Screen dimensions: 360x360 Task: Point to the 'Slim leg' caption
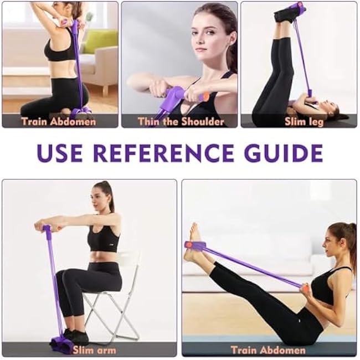304,121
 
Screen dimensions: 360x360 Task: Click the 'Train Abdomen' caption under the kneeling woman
59,121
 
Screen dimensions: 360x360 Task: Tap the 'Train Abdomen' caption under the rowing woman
268,349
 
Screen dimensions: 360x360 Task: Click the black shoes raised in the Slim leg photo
288,12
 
